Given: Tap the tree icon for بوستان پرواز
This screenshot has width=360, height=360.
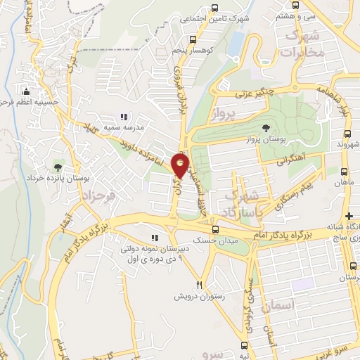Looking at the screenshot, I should pyautogui.click(x=266, y=127).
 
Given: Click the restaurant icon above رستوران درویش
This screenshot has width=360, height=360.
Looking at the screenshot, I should pyautogui.click(x=200, y=285).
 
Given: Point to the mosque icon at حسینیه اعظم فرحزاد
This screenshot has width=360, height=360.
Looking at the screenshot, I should pyautogui.click(x=27, y=91).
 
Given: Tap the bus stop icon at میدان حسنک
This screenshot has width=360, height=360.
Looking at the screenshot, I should pyautogui.click(x=215, y=229).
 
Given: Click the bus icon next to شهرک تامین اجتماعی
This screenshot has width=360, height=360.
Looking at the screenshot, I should pyautogui.click(x=193, y=20).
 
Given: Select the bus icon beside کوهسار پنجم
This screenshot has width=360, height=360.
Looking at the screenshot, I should pyautogui.click(x=174, y=51).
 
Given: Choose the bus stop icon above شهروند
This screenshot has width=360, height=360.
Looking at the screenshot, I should pyautogui.click(x=347, y=134).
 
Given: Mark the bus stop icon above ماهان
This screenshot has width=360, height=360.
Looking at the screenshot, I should pyautogui.click(x=344, y=172).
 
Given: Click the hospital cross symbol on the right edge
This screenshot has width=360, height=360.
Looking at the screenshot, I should pyautogui.click(x=349, y=214).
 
